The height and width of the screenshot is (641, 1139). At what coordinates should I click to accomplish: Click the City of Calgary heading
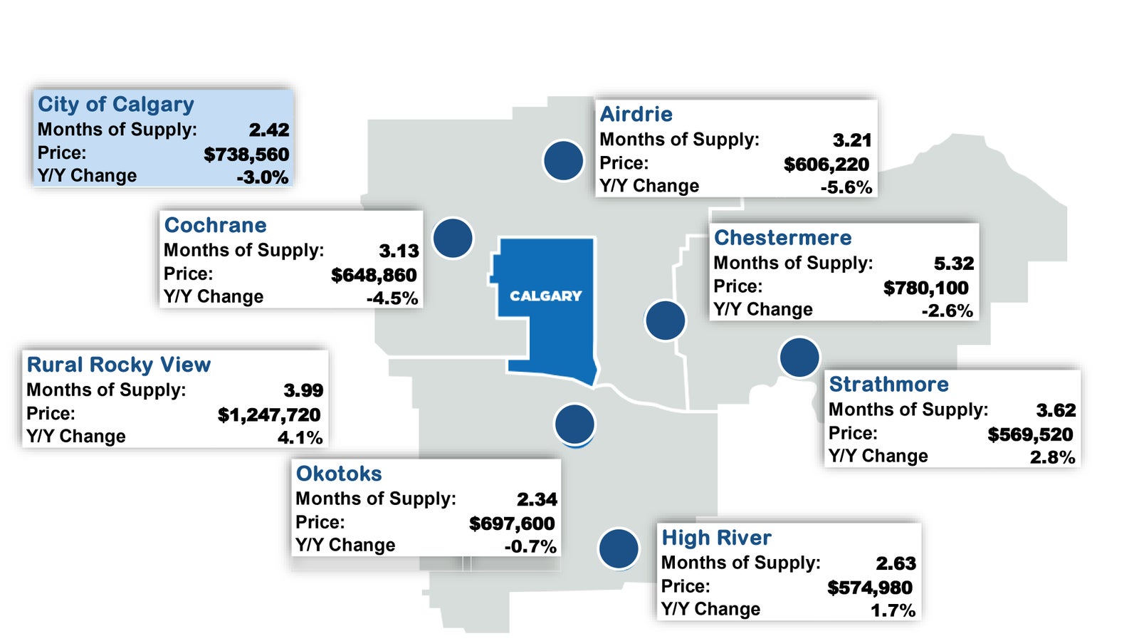(x=116, y=104)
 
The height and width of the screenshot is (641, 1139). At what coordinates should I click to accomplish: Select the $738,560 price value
(x=246, y=154)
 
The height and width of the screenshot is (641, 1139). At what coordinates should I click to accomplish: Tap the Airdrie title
(x=636, y=114)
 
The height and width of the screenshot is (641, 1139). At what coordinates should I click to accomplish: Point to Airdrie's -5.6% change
(x=846, y=188)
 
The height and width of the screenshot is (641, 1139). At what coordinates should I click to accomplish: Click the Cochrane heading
(x=215, y=225)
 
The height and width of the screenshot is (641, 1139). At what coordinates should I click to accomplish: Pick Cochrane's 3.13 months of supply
(x=399, y=251)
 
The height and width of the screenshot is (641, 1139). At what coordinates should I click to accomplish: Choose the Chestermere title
(x=782, y=238)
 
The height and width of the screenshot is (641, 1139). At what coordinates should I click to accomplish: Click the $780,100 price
(x=926, y=288)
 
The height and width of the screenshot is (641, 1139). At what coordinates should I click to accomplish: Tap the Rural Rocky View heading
(x=118, y=365)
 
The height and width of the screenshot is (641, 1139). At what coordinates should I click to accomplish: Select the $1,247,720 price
(x=270, y=415)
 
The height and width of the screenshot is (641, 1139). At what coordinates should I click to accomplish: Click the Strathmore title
(x=889, y=384)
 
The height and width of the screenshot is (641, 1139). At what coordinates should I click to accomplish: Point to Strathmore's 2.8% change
(x=1053, y=457)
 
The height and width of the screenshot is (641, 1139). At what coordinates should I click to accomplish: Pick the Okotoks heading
(x=339, y=474)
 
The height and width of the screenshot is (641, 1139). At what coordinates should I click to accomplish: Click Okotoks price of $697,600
(x=512, y=523)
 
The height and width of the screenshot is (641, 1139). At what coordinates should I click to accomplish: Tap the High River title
(x=716, y=538)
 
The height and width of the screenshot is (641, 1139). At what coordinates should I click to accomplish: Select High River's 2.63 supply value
(x=896, y=563)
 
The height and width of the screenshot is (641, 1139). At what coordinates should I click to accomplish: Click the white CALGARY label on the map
(x=545, y=296)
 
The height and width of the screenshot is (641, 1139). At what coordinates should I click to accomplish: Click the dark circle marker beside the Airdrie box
(x=563, y=160)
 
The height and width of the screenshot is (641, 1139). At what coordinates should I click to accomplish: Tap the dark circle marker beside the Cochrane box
(x=453, y=238)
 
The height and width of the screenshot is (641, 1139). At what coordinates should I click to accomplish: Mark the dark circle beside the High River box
(x=619, y=548)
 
